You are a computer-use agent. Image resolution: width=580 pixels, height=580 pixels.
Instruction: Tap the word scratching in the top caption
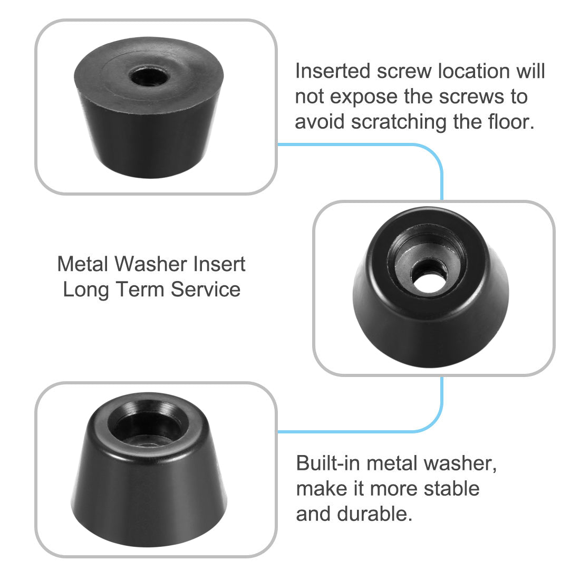pos(399,122)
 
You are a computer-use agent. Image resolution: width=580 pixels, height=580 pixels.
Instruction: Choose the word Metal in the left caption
pos(82,264)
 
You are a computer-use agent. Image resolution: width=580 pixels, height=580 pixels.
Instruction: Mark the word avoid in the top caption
pos(320,122)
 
